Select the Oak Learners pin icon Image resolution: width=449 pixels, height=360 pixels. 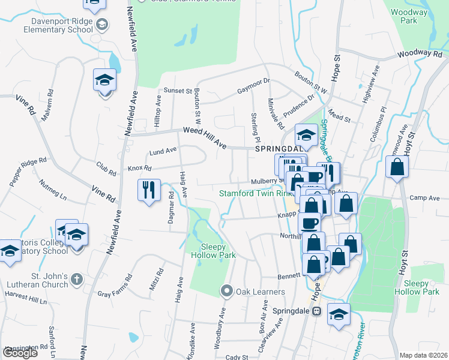227,291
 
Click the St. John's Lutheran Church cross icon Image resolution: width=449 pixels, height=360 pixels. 76,278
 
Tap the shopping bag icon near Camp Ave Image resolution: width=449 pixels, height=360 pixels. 397,167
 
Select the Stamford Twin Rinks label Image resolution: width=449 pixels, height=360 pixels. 255,193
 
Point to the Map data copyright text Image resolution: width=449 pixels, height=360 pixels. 423,355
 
